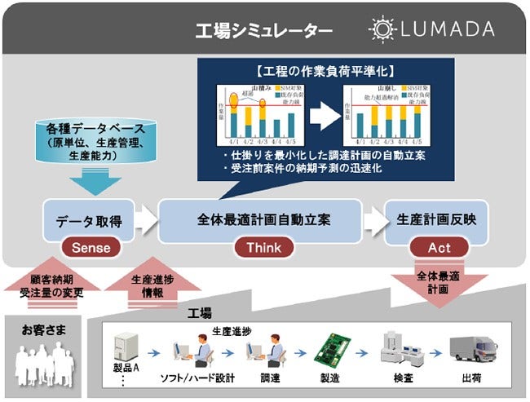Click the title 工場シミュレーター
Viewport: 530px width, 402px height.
tap(263, 31)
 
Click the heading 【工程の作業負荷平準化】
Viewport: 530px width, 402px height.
tap(322, 70)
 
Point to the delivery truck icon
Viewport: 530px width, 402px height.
tap(472, 350)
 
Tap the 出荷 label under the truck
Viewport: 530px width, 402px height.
tap(474, 380)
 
